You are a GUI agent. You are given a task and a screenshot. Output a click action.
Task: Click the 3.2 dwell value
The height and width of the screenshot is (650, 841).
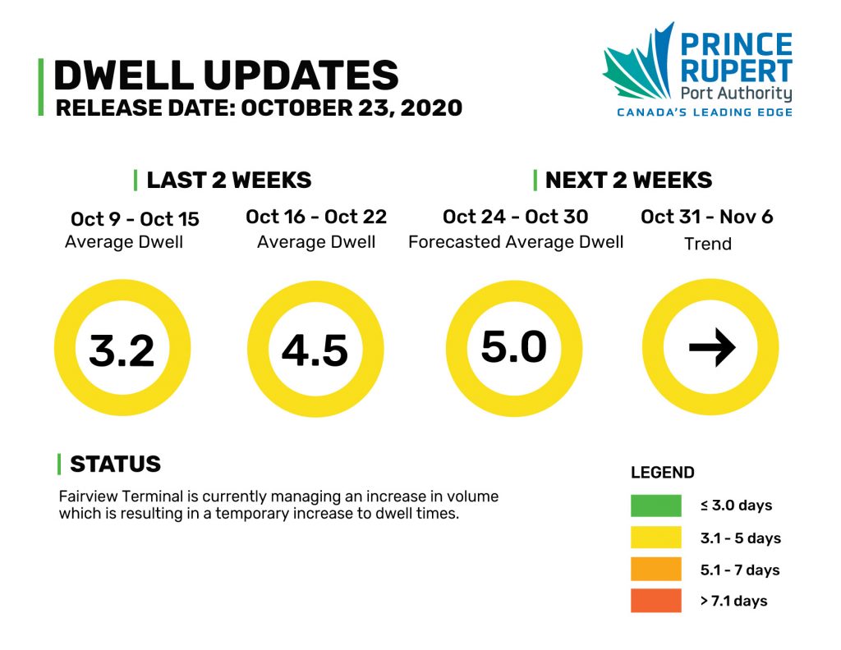[x=122, y=350]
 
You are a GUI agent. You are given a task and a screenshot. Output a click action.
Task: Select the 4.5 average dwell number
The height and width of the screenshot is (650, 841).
[x=315, y=350]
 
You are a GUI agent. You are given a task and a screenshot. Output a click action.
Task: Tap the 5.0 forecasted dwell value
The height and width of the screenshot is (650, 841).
[x=514, y=346]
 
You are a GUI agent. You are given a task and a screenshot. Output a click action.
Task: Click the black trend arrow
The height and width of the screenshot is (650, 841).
[x=712, y=347]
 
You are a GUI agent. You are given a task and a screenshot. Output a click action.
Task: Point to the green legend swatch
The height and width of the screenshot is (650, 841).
[x=656, y=506]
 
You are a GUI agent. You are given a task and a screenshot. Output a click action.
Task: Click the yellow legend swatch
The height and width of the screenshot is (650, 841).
[x=656, y=537]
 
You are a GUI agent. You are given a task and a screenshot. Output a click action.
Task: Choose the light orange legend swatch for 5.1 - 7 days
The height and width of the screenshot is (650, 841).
[x=656, y=569]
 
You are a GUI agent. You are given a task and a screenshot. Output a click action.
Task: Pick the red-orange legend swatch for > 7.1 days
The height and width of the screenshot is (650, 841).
[x=656, y=600]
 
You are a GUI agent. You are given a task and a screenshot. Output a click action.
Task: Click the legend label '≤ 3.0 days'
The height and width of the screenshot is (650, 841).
[x=736, y=506]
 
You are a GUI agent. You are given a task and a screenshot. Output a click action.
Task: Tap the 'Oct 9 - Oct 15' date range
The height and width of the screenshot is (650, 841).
[x=135, y=218]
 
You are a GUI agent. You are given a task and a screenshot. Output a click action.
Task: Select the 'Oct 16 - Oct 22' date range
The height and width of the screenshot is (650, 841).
[x=316, y=217]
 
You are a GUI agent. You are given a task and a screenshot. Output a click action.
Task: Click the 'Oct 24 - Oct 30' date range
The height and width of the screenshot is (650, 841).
[x=515, y=217]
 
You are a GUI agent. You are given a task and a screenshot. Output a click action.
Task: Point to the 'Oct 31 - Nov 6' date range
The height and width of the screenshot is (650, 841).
[x=707, y=217]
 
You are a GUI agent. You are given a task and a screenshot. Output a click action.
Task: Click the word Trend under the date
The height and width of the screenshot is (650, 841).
[x=708, y=244]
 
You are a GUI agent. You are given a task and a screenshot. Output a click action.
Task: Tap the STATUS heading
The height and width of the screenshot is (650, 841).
[x=115, y=464]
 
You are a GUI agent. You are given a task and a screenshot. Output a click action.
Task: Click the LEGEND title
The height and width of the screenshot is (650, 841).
[x=663, y=472]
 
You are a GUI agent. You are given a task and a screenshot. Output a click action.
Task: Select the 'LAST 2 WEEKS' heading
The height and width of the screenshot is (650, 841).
[x=229, y=180]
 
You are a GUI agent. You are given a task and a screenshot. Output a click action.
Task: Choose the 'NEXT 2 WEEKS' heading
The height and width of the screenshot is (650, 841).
[x=628, y=180]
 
